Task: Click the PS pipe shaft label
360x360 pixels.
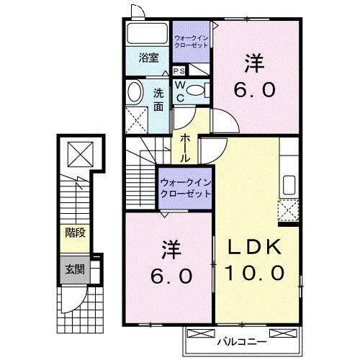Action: [x=179, y=71]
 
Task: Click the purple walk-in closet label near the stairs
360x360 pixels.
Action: [x=185, y=188]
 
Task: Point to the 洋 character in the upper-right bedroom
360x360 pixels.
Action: [x=253, y=63]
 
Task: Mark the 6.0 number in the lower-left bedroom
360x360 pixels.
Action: [x=171, y=276]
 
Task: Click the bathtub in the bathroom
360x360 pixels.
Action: [x=147, y=34]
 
